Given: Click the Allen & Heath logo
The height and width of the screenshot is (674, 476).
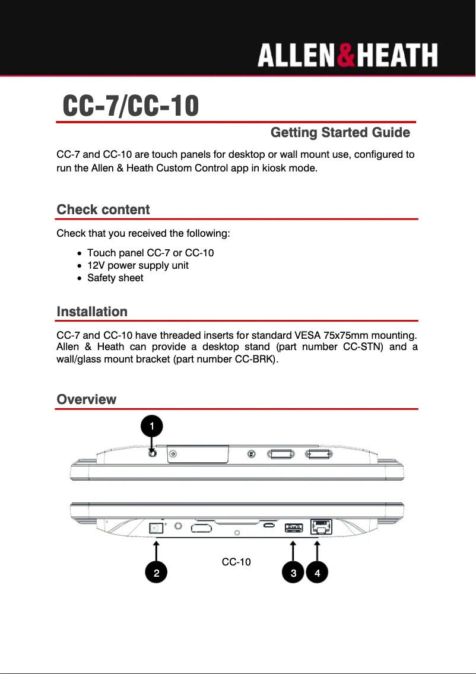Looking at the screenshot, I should (347, 56).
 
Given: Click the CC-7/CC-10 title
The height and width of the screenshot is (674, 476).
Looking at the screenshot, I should (131, 106).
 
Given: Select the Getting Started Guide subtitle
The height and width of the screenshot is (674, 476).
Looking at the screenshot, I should (340, 132).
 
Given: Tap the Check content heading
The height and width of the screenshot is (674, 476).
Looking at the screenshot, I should (103, 209).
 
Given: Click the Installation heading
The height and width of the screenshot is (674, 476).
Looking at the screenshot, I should (92, 311).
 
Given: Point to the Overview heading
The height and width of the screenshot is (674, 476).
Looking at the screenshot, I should (87, 399).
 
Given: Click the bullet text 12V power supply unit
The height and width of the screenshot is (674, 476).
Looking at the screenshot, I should (138, 265).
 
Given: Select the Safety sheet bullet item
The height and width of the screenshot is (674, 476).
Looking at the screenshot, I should (115, 278).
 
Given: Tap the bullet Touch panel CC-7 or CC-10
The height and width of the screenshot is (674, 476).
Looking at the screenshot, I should (150, 253).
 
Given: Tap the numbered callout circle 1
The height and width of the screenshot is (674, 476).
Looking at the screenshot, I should (152, 426).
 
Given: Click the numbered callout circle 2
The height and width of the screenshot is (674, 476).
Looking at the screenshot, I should (156, 573).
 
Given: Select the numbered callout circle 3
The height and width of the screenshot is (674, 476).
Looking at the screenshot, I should (293, 573).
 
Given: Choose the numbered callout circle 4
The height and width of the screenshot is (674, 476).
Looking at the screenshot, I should (318, 573).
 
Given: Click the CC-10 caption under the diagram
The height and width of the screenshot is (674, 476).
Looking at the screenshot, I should (236, 561).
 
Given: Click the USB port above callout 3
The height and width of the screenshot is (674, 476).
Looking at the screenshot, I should (293, 527).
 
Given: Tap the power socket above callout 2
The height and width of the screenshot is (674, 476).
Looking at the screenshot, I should (156, 527).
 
